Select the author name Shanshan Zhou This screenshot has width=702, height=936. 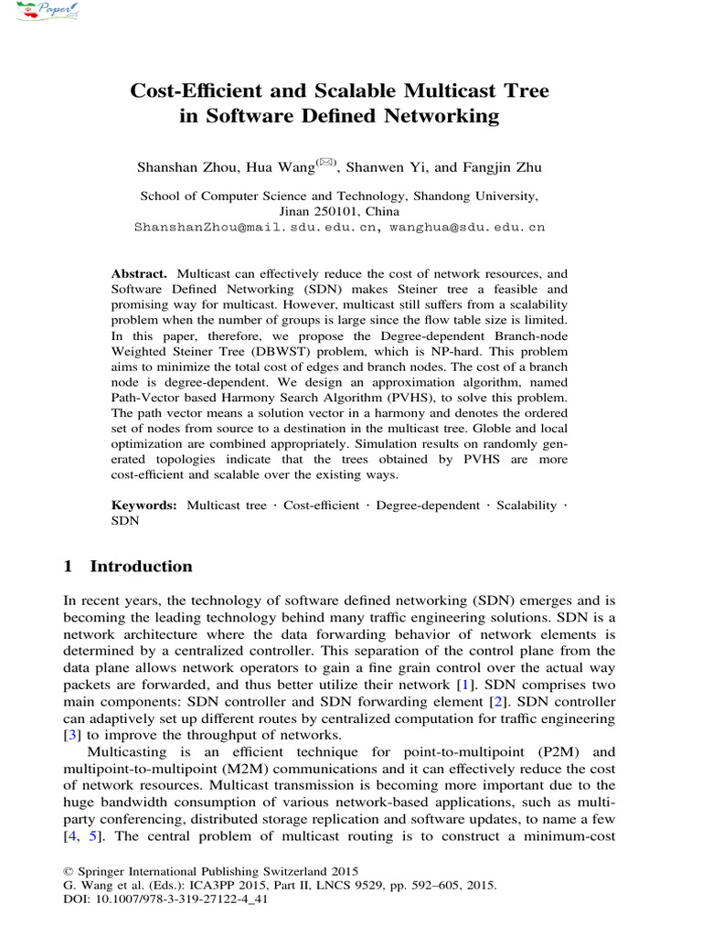[x=182, y=167]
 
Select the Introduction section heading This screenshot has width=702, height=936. [x=141, y=566]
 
